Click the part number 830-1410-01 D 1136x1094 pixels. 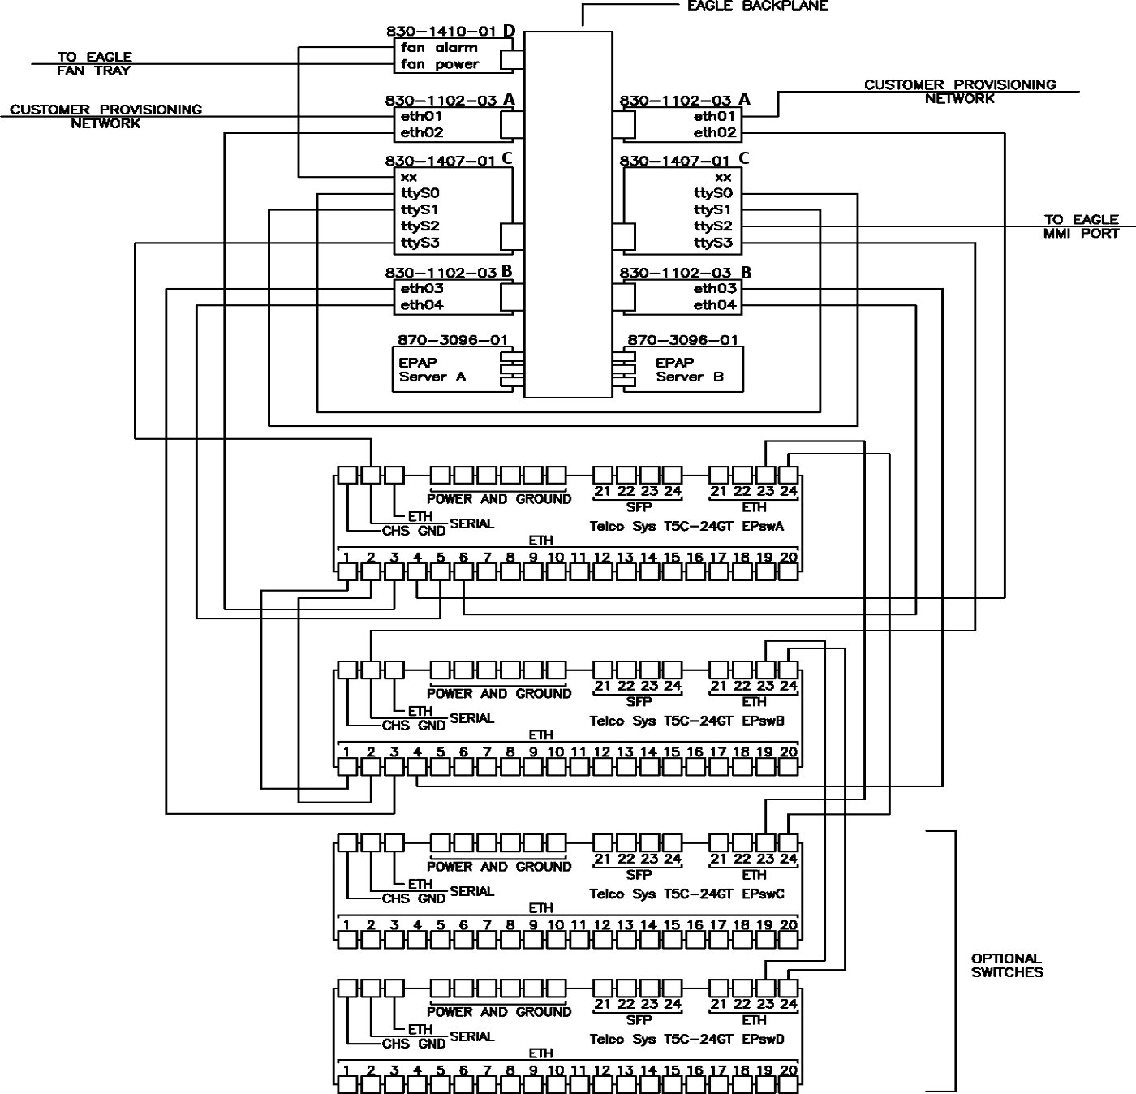point(450,32)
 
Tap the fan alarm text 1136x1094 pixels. point(439,48)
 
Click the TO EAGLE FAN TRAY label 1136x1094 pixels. point(94,63)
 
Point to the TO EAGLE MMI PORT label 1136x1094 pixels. point(1081,226)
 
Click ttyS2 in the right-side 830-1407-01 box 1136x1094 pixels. point(713,226)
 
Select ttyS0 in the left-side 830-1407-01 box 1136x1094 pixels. point(420,194)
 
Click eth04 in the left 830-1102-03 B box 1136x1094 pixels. point(422,305)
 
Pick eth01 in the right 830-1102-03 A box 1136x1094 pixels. point(715,116)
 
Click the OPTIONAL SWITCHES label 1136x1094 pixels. point(1007,965)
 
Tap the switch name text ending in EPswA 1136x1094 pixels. point(686,526)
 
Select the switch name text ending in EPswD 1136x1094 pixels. point(686,1039)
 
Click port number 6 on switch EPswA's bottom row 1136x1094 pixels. point(463,558)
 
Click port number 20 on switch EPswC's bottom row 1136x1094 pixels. point(788,925)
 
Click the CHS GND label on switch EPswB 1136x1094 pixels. point(414,726)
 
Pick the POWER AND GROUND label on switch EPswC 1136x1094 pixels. point(499,867)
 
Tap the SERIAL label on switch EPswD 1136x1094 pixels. point(471,1036)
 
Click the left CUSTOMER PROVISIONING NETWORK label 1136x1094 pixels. point(105,116)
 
